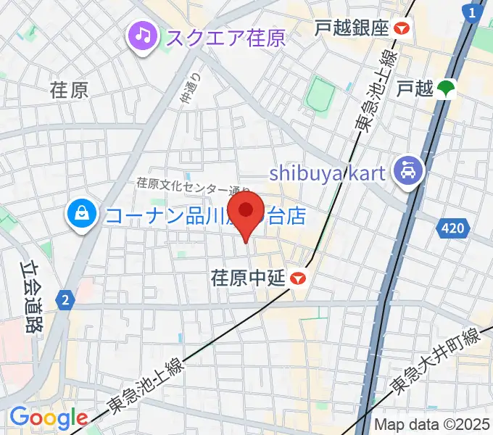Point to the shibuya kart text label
pyautogui.click(x=328, y=173)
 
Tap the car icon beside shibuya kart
pyautogui.click(x=406, y=171)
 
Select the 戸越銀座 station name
pyautogui.click(x=352, y=28)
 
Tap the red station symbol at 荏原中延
pyautogui.click(x=297, y=278)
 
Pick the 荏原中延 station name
pyautogui.click(x=246, y=278)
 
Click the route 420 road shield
pyautogui.click(x=451, y=229)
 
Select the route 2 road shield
pyautogui.click(x=65, y=299)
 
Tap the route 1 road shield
pyautogui.click(x=473, y=12)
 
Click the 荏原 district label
pyautogui.click(x=70, y=90)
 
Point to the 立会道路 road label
pyautogui.click(x=28, y=297)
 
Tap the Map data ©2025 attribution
pyautogui.click(x=432, y=424)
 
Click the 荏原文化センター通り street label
pyautogui.click(x=193, y=186)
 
